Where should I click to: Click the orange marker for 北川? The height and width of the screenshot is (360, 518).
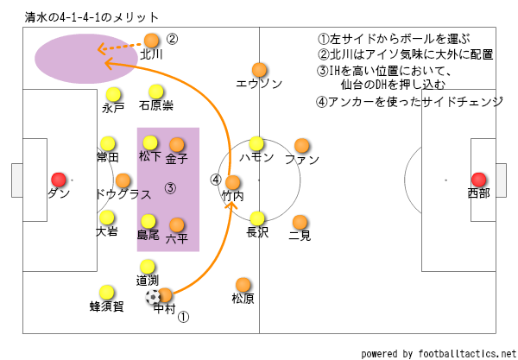[x=152, y=40]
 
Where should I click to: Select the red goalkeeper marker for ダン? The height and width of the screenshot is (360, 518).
[x=58, y=179]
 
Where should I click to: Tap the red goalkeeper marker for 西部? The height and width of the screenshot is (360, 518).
[x=478, y=179]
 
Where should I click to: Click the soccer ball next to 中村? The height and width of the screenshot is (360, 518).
[x=154, y=297]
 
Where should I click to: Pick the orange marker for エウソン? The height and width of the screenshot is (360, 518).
[x=258, y=70]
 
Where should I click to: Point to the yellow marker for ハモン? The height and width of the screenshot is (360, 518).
[x=256, y=143]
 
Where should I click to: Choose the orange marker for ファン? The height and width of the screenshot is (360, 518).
[x=301, y=146]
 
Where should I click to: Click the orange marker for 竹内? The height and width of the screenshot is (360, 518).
[x=232, y=183]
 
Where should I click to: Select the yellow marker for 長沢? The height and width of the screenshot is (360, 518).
[x=256, y=218]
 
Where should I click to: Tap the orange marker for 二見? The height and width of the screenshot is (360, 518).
[x=300, y=222]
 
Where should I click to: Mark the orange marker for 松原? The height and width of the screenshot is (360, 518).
[x=243, y=284]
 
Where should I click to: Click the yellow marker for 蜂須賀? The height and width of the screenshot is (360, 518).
[x=107, y=292]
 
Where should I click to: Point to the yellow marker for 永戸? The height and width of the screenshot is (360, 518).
[x=112, y=95]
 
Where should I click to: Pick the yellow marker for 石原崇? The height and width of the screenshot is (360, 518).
[x=155, y=92]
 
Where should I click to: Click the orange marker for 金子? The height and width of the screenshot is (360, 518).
[x=176, y=144]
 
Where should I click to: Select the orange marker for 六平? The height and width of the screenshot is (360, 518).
[x=176, y=224]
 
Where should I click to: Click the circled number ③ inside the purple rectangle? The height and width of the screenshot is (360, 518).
[x=170, y=187]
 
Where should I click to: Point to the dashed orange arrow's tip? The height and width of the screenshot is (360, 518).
[x=98, y=49]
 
